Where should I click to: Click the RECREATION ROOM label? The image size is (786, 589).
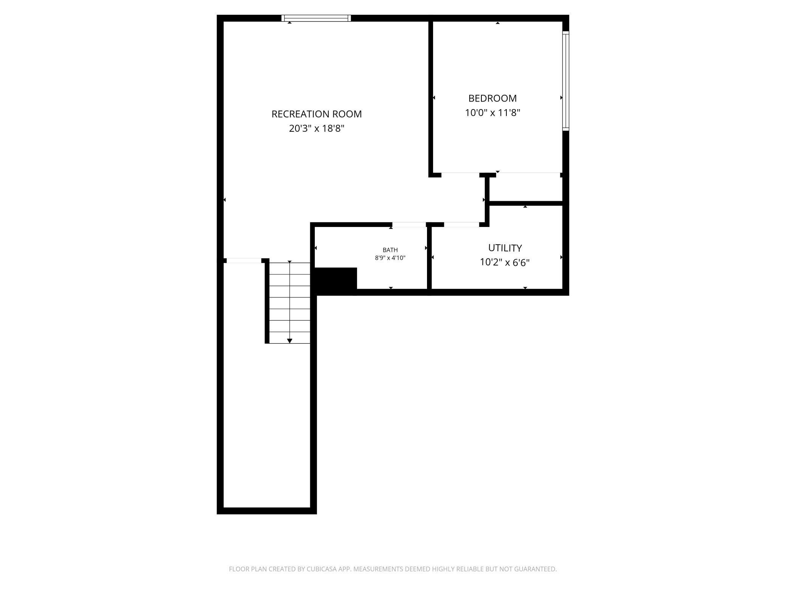(x=316, y=114)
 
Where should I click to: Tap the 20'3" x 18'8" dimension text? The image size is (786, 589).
(x=316, y=129)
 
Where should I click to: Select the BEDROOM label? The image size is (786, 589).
(x=492, y=99)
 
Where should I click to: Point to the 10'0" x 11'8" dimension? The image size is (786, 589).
(x=492, y=113)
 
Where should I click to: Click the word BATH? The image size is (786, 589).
(x=390, y=250)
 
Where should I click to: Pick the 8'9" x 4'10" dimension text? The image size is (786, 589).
(x=390, y=258)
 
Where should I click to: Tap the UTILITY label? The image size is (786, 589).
(x=505, y=248)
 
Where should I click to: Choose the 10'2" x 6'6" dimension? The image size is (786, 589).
(x=505, y=262)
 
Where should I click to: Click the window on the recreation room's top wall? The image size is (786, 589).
(x=316, y=18)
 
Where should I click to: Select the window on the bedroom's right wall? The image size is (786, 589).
(x=565, y=81)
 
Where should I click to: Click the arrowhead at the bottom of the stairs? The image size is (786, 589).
(x=289, y=341)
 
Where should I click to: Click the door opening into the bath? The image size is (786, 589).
(x=409, y=225)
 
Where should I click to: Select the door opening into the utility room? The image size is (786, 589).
(x=461, y=225)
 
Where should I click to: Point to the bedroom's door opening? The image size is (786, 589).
(x=460, y=174)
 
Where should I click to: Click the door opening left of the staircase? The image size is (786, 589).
(x=244, y=261)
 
